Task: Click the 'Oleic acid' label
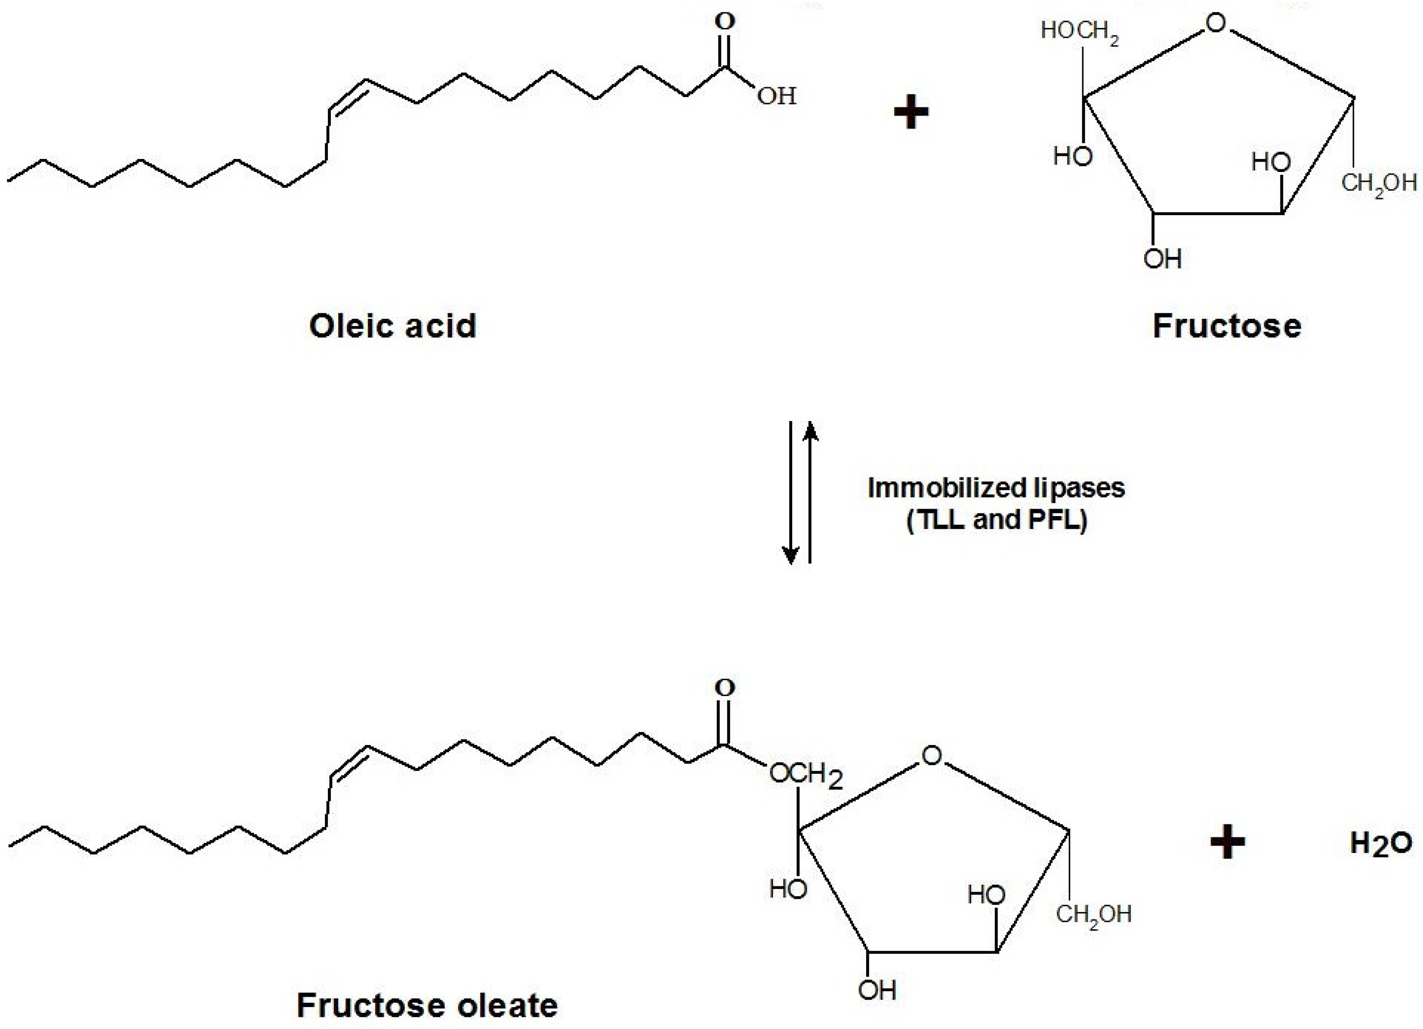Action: pyautogui.click(x=393, y=326)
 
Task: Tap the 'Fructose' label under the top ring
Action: pyautogui.click(x=1227, y=326)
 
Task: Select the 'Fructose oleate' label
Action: pyautogui.click(x=427, y=1005)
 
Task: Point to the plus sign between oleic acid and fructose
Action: pyautogui.click(x=910, y=113)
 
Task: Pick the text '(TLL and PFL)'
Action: pyautogui.click(x=996, y=520)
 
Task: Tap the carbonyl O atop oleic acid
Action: pyautogui.click(x=725, y=22)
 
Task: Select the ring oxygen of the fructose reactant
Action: pyautogui.click(x=1215, y=24)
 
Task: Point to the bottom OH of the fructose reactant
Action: pyautogui.click(x=1163, y=259)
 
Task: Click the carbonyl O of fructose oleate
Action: pyautogui.click(x=725, y=688)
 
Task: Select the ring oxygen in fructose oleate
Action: pyautogui.click(x=932, y=755)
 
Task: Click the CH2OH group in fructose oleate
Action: pyautogui.click(x=1093, y=914)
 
